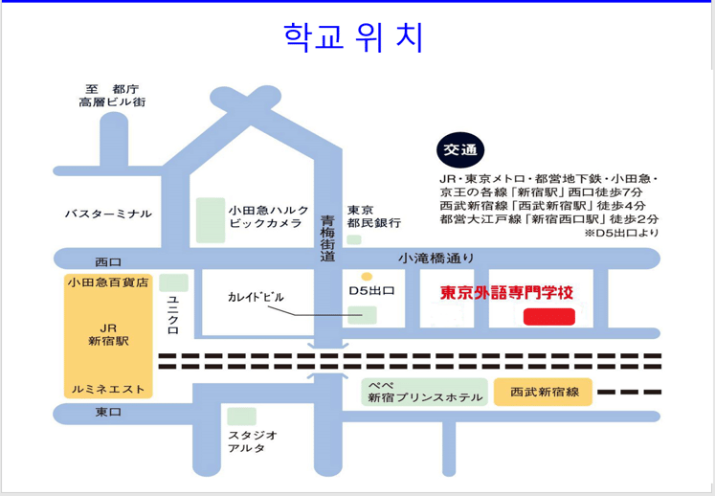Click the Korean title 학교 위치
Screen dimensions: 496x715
(353, 37)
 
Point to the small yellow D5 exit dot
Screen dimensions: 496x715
(367, 277)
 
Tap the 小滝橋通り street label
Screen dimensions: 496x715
(436, 258)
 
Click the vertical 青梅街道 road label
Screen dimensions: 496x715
(327, 238)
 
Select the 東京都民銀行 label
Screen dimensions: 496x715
(373, 216)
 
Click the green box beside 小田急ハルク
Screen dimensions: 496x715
(211, 220)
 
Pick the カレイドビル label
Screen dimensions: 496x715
(256, 297)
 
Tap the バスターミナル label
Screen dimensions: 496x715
(108, 214)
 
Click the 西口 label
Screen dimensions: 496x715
(108, 261)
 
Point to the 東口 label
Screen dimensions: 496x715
(107, 412)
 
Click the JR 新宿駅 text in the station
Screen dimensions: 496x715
(107, 333)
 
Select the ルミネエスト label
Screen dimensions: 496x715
(107, 389)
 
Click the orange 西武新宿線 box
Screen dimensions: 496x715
(543, 393)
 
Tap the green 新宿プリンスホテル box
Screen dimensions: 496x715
(425, 392)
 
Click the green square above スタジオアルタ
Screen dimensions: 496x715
(242, 417)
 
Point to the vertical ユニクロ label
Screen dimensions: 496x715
(173, 314)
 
